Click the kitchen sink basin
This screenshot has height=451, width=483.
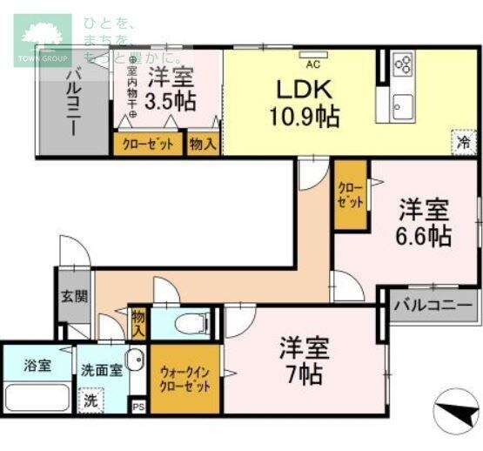click(401, 107)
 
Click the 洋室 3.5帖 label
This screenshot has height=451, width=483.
click(170, 87)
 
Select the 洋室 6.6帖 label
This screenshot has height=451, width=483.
click(424, 221)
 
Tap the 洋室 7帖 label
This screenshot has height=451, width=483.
click(303, 361)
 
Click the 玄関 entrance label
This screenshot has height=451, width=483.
click(74, 296)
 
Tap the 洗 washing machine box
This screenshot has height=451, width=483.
click(89, 401)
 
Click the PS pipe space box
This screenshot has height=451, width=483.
click(138, 406)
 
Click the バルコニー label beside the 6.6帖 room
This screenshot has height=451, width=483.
click(432, 306)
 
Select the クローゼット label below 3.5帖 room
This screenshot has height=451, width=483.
click(147, 144)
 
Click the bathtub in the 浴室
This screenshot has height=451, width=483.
click(35, 396)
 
